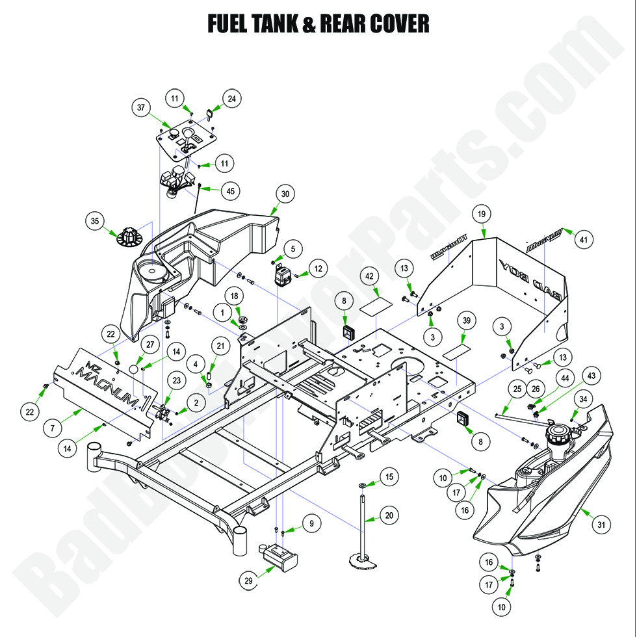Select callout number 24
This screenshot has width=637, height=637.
[232, 99]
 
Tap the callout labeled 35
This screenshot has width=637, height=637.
[95, 221]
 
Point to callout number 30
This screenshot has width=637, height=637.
[285, 193]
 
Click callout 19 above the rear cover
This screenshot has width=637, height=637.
[482, 214]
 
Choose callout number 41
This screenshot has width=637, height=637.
[583, 239]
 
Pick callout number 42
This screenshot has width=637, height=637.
[370, 276]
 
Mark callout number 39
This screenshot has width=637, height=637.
[466, 321]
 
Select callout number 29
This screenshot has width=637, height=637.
[248, 582]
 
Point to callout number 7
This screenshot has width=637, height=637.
[53, 428]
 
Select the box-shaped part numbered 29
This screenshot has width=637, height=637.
[281, 556]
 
